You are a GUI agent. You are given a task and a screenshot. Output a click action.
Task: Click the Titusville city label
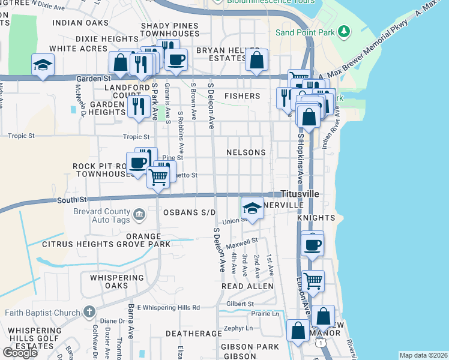pos(300,194)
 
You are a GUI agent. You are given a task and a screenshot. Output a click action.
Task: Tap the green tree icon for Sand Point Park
pos(343,31)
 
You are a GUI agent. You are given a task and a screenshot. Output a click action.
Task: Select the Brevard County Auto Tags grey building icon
pos(139,214)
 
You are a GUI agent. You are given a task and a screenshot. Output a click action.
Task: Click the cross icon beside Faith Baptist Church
pos(89,311)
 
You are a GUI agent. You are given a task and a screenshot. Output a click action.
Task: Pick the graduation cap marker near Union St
pos(252,209)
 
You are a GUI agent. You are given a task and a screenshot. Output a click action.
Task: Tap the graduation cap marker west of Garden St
pos(43,65)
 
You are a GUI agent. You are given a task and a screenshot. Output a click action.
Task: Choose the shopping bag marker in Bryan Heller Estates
pos(256,60)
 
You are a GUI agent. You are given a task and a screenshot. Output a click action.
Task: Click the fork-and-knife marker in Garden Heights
pos(139,107)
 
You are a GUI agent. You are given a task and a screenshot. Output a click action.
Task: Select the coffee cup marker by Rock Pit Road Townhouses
pos(137,163)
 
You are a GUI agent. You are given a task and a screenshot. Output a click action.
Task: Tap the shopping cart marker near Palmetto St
pos(158,177)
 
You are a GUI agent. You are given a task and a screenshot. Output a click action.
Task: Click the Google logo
pos(20,352)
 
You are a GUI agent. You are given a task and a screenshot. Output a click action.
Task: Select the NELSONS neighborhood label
pos(246,152)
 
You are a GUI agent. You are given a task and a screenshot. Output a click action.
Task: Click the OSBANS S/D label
pos(189,212)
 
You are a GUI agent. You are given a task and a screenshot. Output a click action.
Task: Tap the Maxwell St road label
pos(242,243)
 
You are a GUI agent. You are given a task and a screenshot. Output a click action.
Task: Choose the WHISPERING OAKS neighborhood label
pos(117,281)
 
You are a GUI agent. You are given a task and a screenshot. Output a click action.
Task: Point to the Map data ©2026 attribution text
pos(423,355)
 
